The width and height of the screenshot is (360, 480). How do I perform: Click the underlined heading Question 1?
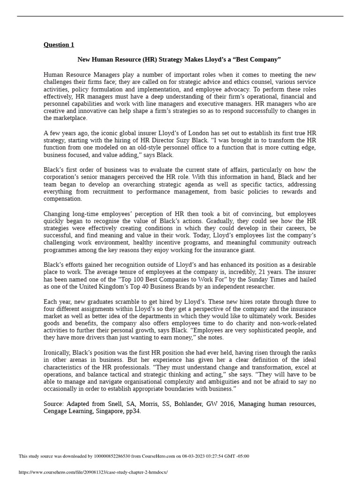[59, 45]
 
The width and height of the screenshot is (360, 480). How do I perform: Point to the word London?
[184, 133]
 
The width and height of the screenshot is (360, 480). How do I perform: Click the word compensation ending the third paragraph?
[62, 199]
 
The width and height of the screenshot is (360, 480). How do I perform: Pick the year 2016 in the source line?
[227, 404]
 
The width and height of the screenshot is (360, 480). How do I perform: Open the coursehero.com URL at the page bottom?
[93, 472]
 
